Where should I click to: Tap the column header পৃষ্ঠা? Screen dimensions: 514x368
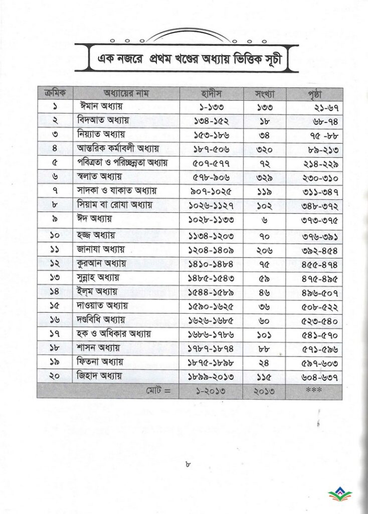click(x=315, y=94)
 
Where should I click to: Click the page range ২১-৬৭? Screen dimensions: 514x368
click(x=315, y=108)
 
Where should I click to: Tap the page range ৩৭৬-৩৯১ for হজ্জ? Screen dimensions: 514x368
click(x=315, y=234)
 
